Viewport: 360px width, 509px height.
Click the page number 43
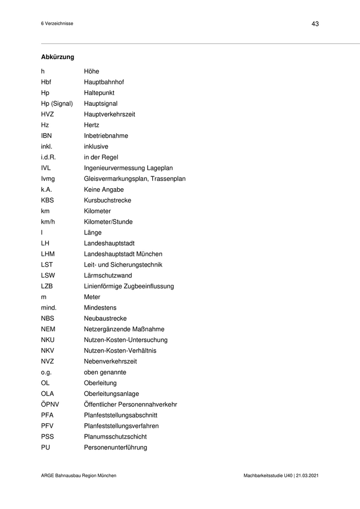[x=315, y=24]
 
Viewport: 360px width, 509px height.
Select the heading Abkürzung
[x=58, y=57]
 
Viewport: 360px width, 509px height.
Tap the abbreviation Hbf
[x=46, y=82]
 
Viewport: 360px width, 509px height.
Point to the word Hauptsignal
[x=100, y=104]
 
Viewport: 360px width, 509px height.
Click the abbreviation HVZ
[x=48, y=115]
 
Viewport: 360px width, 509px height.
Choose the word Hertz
[x=92, y=125]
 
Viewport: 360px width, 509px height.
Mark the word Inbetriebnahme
[x=106, y=136]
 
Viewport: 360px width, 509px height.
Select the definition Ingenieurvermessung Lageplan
[x=128, y=168]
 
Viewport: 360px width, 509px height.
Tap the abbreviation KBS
[x=47, y=201]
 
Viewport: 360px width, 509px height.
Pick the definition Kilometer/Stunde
[x=108, y=222]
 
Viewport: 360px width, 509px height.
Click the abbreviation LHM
[x=48, y=254]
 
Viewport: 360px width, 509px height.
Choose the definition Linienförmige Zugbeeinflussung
[x=129, y=286]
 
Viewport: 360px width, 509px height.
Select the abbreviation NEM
[x=48, y=330]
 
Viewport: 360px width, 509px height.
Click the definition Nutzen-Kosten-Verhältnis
[x=120, y=351]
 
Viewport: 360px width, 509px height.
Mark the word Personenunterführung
[x=115, y=448]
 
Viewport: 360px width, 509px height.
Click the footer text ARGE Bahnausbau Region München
[x=79, y=476]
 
